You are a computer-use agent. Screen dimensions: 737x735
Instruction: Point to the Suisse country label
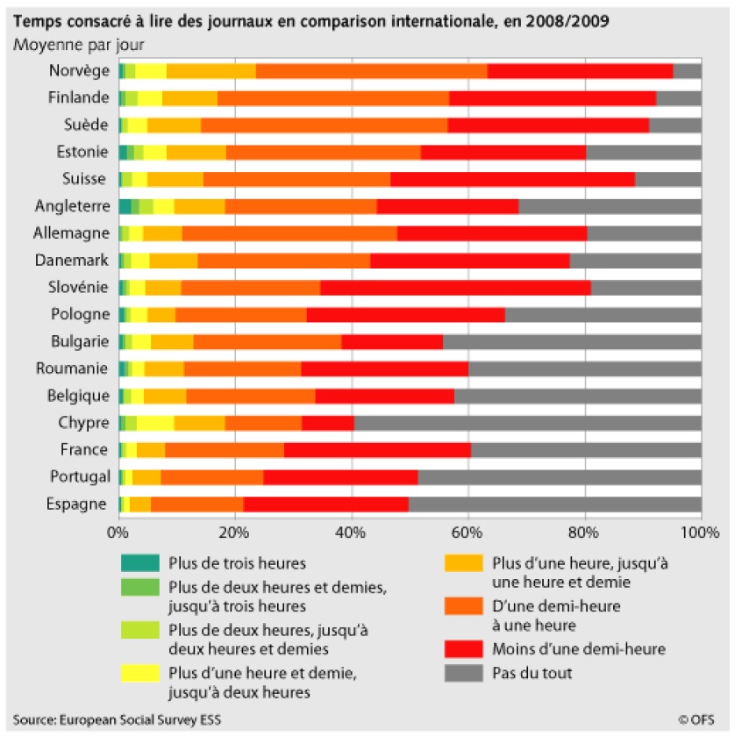(86, 180)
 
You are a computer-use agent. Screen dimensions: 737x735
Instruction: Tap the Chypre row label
(84, 423)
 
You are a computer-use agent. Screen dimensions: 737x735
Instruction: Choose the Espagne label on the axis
(82, 504)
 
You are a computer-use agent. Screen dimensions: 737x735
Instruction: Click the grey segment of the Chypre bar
(526, 423)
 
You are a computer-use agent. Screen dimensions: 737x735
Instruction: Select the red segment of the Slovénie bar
(455, 288)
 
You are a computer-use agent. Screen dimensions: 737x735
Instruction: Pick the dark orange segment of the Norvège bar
(371, 71)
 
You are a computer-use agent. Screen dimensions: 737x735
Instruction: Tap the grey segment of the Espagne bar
(554, 504)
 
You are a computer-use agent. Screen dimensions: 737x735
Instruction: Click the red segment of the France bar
(377, 450)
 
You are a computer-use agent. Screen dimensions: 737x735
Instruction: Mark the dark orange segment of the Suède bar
(324, 125)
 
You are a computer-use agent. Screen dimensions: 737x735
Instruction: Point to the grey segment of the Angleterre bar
(610, 207)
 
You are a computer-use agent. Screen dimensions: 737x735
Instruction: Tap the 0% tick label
(118, 533)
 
